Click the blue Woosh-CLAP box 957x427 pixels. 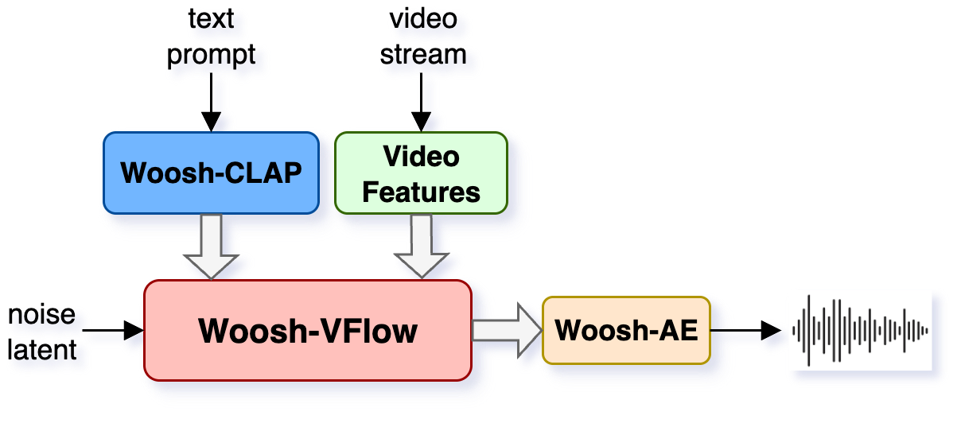211,173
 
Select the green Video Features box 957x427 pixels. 421,173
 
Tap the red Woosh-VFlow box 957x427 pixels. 308,330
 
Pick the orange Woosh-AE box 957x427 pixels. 626,330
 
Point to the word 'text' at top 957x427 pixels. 211,19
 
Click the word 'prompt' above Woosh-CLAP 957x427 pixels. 212,56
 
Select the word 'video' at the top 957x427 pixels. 422,19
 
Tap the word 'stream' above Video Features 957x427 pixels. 422,56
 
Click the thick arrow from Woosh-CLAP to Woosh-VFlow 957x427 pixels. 211,246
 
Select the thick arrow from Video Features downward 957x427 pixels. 421,246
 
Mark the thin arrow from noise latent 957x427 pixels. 111,328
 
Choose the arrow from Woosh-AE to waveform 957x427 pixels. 748,330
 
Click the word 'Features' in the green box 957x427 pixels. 421,192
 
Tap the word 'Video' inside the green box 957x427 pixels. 421,156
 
